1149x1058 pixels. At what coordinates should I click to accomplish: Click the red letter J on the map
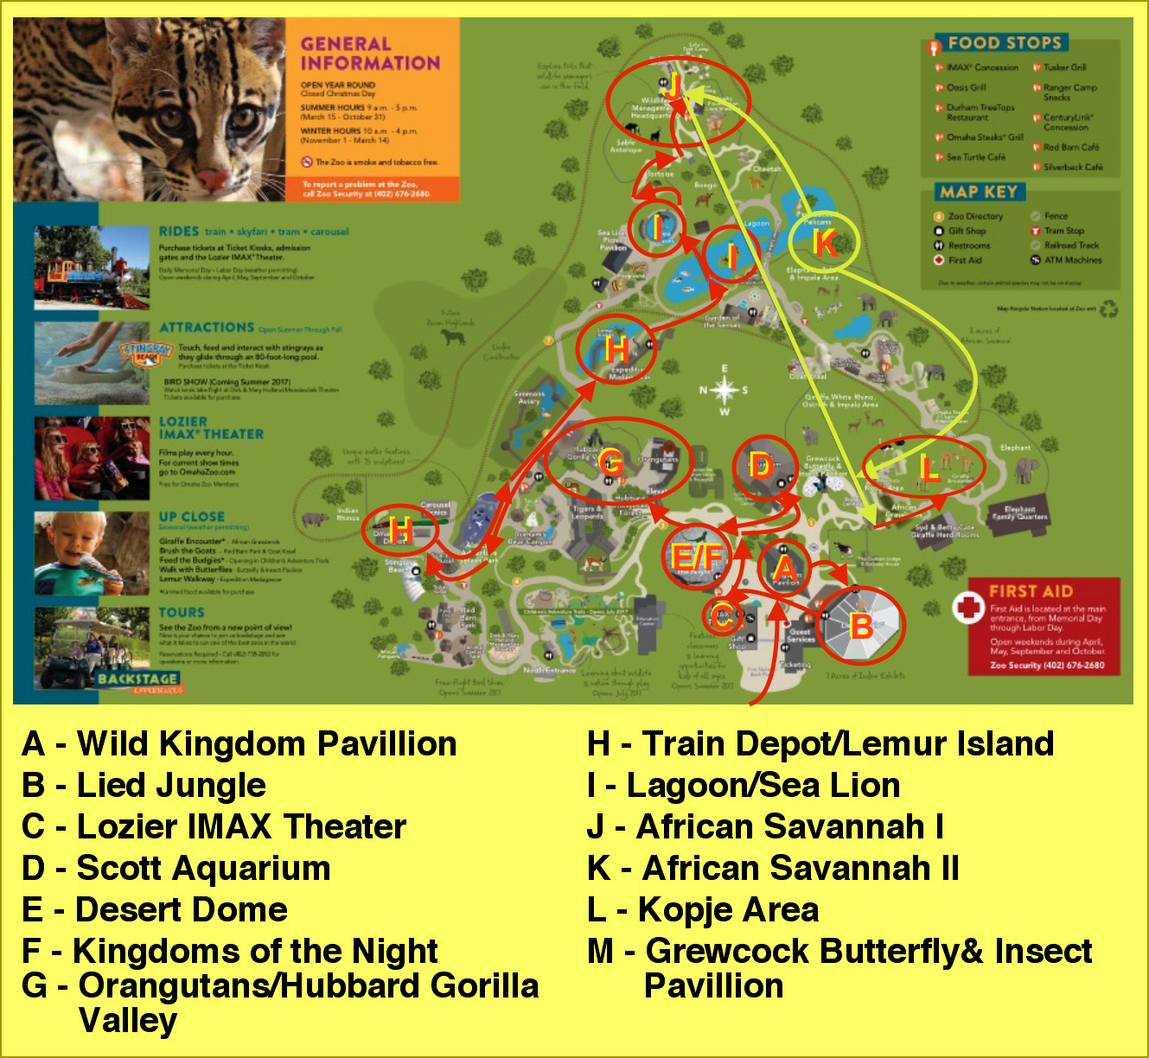tap(673, 86)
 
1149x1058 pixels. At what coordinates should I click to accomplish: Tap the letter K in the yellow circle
tap(825, 242)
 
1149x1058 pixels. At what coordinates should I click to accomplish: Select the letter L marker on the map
tap(929, 469)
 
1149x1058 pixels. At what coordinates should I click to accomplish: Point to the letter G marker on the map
tap(610, 461)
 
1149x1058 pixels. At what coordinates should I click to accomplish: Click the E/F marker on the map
tap(696, 558)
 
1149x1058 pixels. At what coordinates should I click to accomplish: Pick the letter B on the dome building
tap(860, 625)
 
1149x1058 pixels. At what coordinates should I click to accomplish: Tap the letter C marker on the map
tap(722, 615)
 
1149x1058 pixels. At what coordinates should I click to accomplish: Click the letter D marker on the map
tap(761, 466)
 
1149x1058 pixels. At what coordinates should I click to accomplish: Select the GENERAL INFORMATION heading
tap(370, 53)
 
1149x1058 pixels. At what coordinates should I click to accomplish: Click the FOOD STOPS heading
tap(1004, 42)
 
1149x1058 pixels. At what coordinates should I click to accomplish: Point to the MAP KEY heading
tap(979, 192)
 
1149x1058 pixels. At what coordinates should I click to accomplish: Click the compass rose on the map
tap(725, 391)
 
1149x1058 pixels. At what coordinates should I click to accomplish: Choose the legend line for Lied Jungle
tap(144, 785)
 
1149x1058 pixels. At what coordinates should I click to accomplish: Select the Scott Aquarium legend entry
tap(176, 868)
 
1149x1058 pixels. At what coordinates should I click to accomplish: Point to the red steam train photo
tap(93, 266)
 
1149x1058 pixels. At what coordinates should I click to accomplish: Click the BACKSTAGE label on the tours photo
tap(138, 679)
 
